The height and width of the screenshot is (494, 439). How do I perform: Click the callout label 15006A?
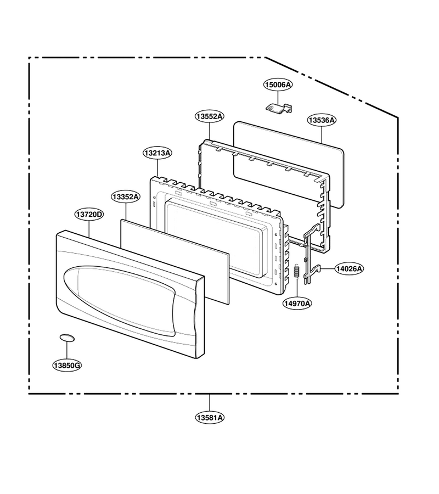coord(278,85)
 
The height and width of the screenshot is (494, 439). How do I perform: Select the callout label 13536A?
coord(322,120)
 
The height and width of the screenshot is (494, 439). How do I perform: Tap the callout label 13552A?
coord(210,116)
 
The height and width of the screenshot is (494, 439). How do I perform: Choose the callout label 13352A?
coord(126,197)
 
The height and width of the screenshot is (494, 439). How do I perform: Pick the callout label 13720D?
coord(89,215)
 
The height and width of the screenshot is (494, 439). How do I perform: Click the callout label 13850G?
coord(67,366)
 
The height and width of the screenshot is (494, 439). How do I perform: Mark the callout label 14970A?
coord(297,304)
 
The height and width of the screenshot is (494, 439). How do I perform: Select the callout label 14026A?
coord(349,269)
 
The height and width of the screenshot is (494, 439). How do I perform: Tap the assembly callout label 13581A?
coord(210,418)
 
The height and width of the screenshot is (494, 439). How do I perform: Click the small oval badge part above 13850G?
coord(67,338)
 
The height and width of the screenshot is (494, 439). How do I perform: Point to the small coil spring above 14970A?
coord(296,271)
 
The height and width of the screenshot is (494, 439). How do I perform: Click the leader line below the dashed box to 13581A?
coord(210,403)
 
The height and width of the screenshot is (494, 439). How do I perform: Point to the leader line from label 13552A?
coord(210,131)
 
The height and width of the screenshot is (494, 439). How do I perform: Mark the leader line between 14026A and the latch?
coord(328,269)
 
